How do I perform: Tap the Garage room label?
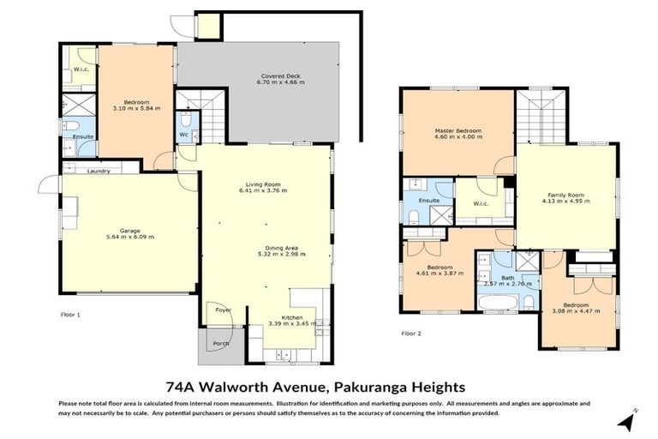129,231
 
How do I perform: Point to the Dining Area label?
282,248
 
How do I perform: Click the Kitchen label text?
292,316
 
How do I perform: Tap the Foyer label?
223,310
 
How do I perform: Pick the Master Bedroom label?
458,130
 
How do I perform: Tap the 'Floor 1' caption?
71,316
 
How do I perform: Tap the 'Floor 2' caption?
412,334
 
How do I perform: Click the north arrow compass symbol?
630,419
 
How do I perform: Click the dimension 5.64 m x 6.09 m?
129,238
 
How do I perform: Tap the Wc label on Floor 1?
183,135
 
